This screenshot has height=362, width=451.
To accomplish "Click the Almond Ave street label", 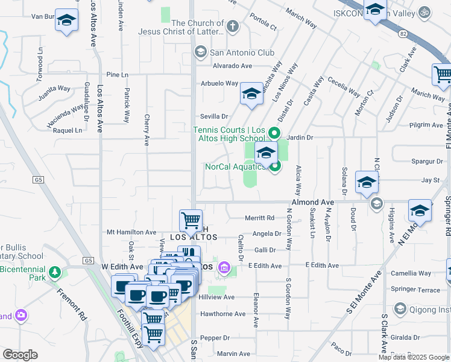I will (312, 202).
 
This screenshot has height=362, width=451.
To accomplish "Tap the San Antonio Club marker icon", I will (199, 53).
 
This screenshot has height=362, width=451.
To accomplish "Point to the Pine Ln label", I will (117, 75).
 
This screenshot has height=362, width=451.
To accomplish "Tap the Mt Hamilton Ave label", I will (131, 232).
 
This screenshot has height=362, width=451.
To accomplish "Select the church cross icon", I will (232, 27).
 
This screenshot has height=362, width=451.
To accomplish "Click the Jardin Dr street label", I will (300, 138).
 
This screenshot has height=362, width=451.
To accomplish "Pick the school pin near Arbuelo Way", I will (252, 94).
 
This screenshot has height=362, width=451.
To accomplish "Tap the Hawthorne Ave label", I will (223, 314).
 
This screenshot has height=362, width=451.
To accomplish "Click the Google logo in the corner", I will (20, 355).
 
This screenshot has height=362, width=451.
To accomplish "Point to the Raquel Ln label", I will (67, 130).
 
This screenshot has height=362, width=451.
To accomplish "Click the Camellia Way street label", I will (411, 273).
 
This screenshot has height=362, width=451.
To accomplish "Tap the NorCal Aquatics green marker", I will (276, 167).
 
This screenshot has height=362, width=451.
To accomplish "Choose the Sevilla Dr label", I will (215, 116).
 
